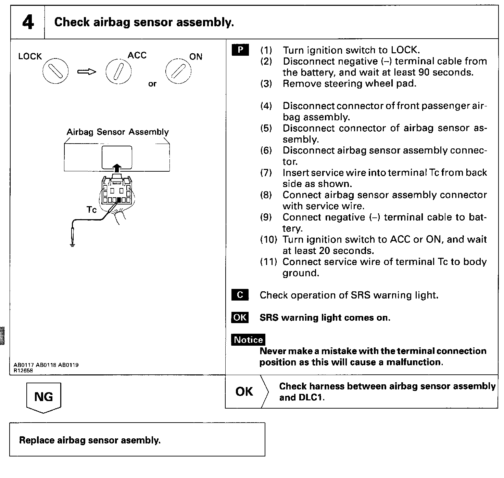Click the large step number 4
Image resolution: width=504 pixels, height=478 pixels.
tap(28, 22)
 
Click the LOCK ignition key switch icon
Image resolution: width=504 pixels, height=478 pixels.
tap(55, 71)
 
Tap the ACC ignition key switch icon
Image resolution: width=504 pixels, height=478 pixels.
tap(118, 72)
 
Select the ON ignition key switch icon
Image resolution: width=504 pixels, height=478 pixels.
tap(178, 71)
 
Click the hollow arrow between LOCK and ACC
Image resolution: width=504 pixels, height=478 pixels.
tap(87, 72)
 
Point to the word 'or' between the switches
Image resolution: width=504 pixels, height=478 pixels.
tap(152, 84)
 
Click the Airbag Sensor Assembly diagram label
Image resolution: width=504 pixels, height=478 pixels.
tap(117, 132)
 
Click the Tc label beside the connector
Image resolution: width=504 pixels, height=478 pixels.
tap(91, 209)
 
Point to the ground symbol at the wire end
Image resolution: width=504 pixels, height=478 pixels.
tap(72, 244)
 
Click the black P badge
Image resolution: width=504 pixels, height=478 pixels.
tap(240, 50)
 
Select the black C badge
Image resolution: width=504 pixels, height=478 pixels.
tap(240, 295)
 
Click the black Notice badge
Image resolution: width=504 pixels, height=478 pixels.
tap(248, 340)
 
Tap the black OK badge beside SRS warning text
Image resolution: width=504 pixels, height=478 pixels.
tap(240, 317)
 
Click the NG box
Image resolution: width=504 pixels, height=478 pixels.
tap(43, 397)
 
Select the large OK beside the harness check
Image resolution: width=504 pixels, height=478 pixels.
tap(244, 391)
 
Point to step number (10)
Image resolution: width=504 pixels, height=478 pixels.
tap(268, 239)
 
